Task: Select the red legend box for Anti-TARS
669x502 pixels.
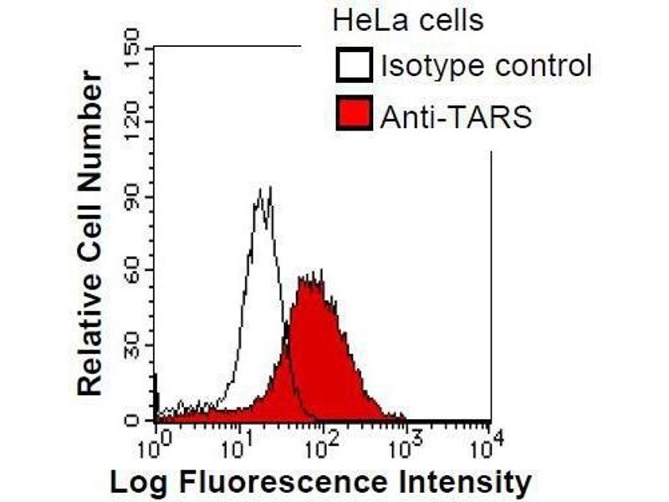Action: point(355,116)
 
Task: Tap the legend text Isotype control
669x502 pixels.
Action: point(486,66)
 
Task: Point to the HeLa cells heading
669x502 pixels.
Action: point(407,20)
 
